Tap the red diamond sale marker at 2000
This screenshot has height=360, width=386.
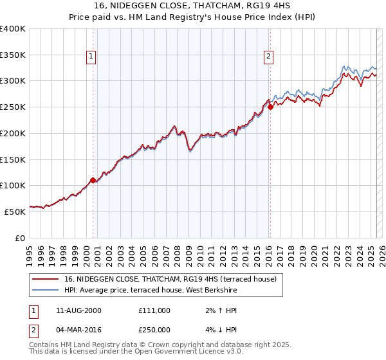point(93,180)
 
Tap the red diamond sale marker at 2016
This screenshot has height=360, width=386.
point(270,107)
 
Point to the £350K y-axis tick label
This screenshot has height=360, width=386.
point(12,55)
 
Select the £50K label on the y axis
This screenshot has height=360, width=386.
point(15,211)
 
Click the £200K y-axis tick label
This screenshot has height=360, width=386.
point(12,133)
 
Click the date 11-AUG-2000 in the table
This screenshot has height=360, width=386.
point(78,310)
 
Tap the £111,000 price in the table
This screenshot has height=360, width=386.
point(154,310)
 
